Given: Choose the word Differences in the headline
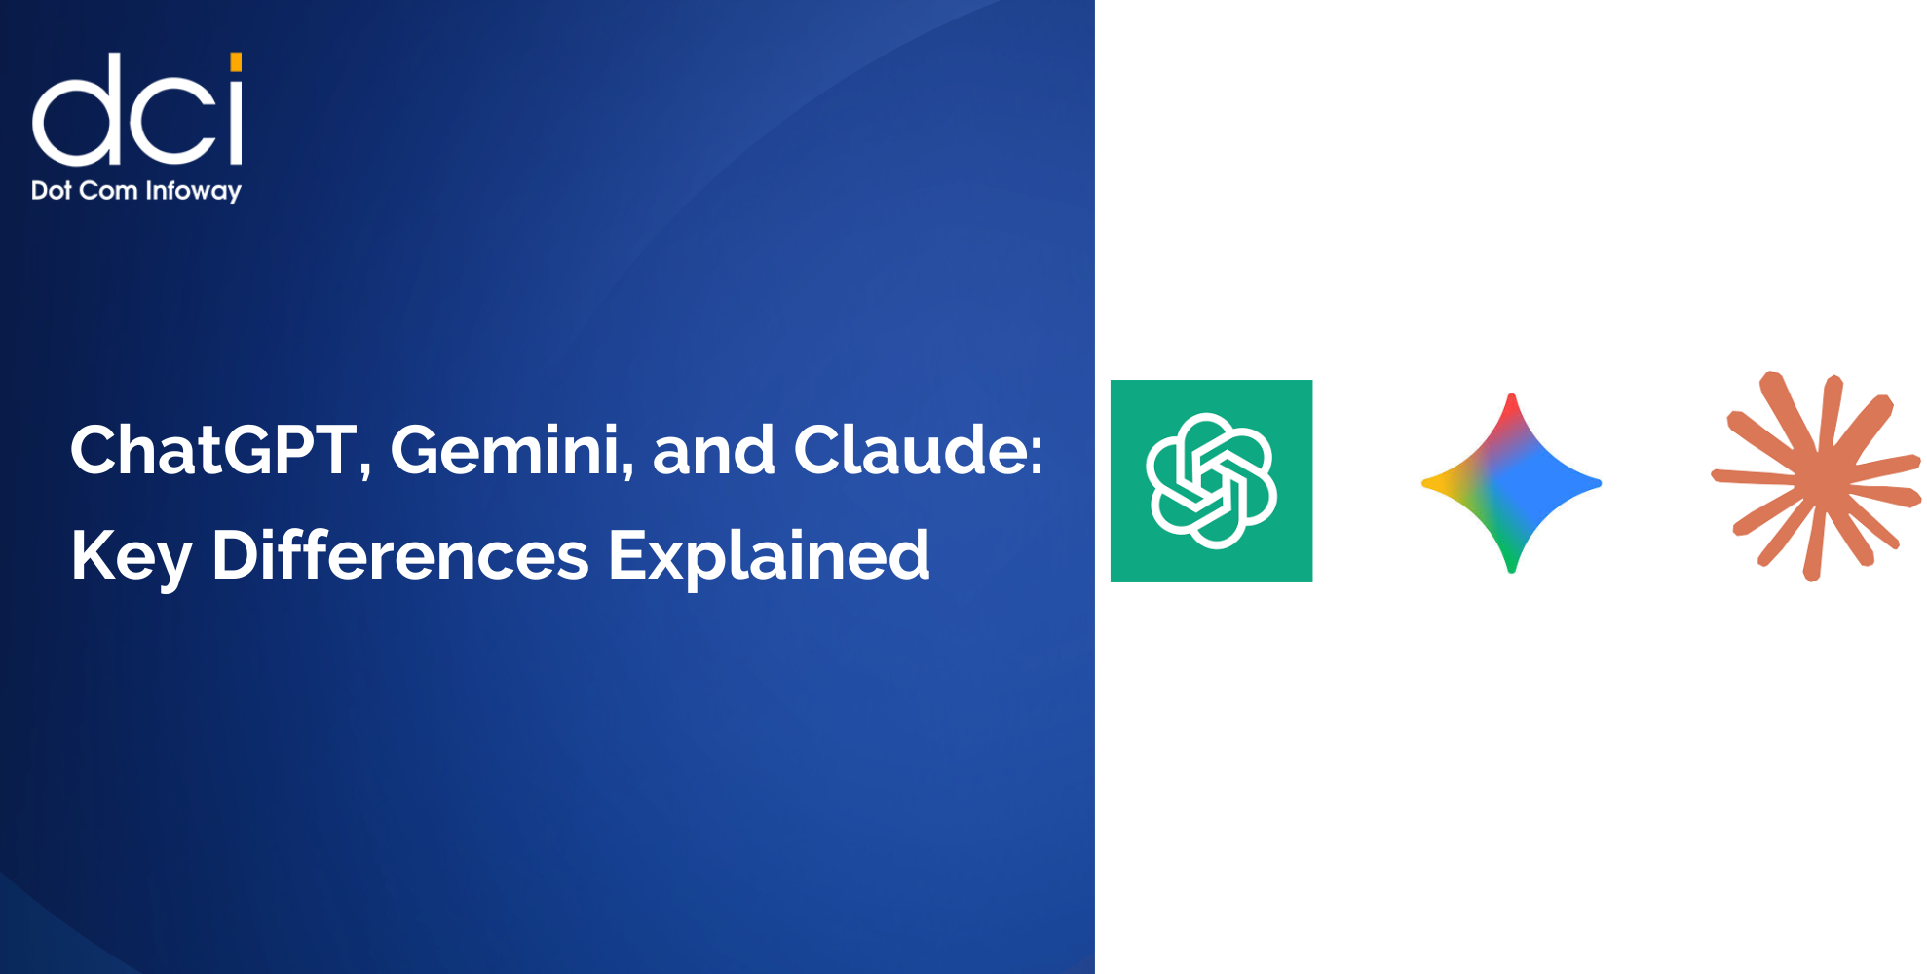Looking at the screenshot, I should (x=399, y=556).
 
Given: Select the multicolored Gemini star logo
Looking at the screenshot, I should (x=1511, y=483).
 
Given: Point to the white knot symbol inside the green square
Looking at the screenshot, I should (x=1211, y=481).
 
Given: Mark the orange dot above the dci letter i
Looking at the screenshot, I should (x=236, y=62).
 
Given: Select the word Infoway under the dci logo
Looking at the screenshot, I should (x=193, y=191).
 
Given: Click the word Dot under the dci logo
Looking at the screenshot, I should (x=52, y=190).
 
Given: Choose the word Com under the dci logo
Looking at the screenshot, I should (x=108, y=190).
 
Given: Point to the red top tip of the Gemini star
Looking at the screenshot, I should (x=1511, y=404).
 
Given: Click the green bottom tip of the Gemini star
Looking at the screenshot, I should (x=1511, y=562).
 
